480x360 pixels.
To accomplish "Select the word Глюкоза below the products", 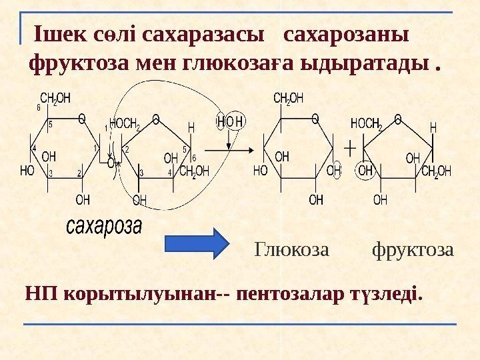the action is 292,250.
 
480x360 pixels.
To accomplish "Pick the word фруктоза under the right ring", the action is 413,250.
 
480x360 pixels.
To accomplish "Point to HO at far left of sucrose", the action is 27,171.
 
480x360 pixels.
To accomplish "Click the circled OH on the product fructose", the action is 366,170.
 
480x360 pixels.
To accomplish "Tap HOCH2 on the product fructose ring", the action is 367,124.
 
